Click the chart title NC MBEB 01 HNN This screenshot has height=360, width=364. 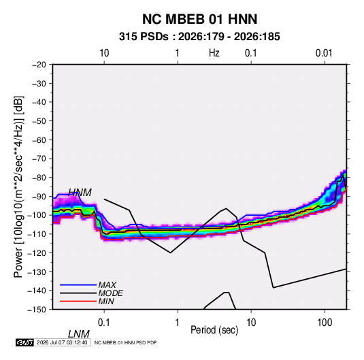(199, 19)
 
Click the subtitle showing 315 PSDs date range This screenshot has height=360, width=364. (199, 37)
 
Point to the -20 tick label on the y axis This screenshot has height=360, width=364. (39, 65)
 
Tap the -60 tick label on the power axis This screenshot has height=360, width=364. (39, 140)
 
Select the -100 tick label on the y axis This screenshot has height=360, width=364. (37, 215)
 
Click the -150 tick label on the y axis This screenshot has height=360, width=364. (37, 310)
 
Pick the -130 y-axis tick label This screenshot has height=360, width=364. (37, 272)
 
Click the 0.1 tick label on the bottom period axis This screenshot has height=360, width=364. (104, 323)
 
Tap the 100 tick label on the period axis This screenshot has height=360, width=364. (325, 323)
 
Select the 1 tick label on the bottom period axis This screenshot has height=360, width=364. (178, 323)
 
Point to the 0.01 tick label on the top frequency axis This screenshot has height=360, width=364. (324, 53)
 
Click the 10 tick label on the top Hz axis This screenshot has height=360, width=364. (104, 53)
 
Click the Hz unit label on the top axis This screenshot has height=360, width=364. (214, 53)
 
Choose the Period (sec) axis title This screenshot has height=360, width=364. (214, 330)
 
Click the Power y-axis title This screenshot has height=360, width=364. (18, 186)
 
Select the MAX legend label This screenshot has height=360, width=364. (107, 285)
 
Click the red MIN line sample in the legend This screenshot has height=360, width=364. (78, 301)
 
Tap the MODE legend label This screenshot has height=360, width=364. (110, 293)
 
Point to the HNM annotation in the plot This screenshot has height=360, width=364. (80, 193)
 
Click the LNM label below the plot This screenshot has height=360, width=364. (78, 334)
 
